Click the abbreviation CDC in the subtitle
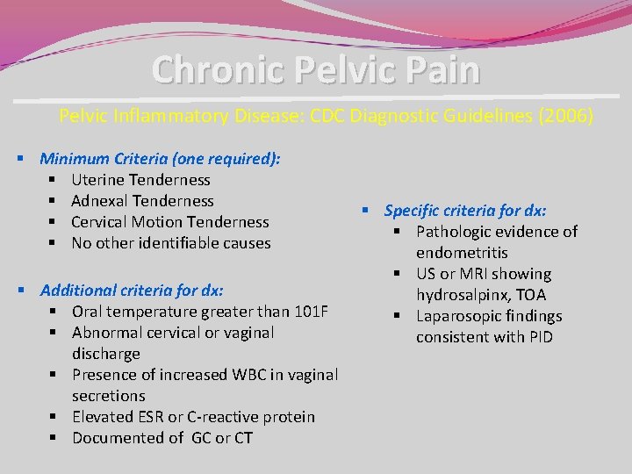tap(328, 116)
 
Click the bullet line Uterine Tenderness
tap(140, 180)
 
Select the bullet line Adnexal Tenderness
tap(142, 201)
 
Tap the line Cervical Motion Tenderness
tap(170, 222)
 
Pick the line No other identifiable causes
tap(171, 243)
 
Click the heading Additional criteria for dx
tap(132, 290)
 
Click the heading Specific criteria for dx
tap(465, 211)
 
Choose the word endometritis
tap(462, 253)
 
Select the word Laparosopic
tap(460, 316)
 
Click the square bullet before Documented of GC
tap(54, 438)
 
